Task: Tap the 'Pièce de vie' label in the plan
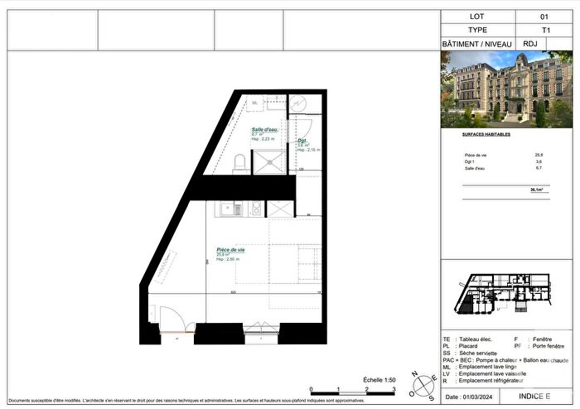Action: (x=230, y=249)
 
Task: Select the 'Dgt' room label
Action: (x=302, y=141)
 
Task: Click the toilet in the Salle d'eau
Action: (x=239, y=162)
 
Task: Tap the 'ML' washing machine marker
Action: (x=255, y=102)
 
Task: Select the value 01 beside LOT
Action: (x=544, y=16)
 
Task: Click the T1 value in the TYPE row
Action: (x=544, y=30)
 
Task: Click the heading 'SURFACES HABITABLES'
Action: (x=486, y=133)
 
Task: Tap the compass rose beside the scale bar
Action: (x=428, y=384)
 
